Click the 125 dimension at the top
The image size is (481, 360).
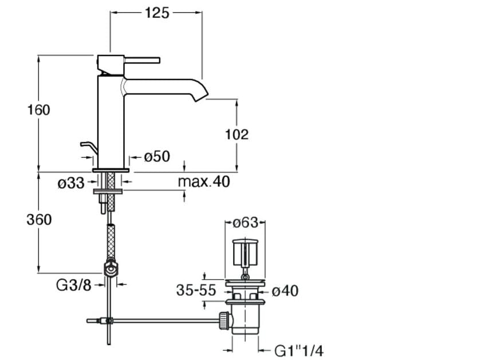pos(157,13)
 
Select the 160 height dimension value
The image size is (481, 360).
pos(39,110)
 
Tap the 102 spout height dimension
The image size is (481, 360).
pos(236,134)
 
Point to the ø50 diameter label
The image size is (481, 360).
pos(157,156)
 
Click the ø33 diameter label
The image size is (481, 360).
pos(71,183)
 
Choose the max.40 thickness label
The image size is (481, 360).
pos(204,181)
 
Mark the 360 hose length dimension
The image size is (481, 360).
pos(39,220)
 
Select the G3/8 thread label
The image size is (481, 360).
pos(74,285)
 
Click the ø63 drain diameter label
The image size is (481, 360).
pos(245,223)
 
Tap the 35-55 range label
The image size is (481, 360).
pos(196,290)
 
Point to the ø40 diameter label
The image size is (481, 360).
pos(285,291)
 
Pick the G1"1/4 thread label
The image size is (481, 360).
pos(298,350)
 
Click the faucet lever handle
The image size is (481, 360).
pos(142,60)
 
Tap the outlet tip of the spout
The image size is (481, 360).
pos(202,97)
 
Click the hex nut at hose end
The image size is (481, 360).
pos(111,269)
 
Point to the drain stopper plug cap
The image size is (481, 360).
pos(245,252)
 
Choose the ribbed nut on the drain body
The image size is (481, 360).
pos(224,321)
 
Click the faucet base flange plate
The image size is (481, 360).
pos(111,170)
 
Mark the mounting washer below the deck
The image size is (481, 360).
pos(108,192)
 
